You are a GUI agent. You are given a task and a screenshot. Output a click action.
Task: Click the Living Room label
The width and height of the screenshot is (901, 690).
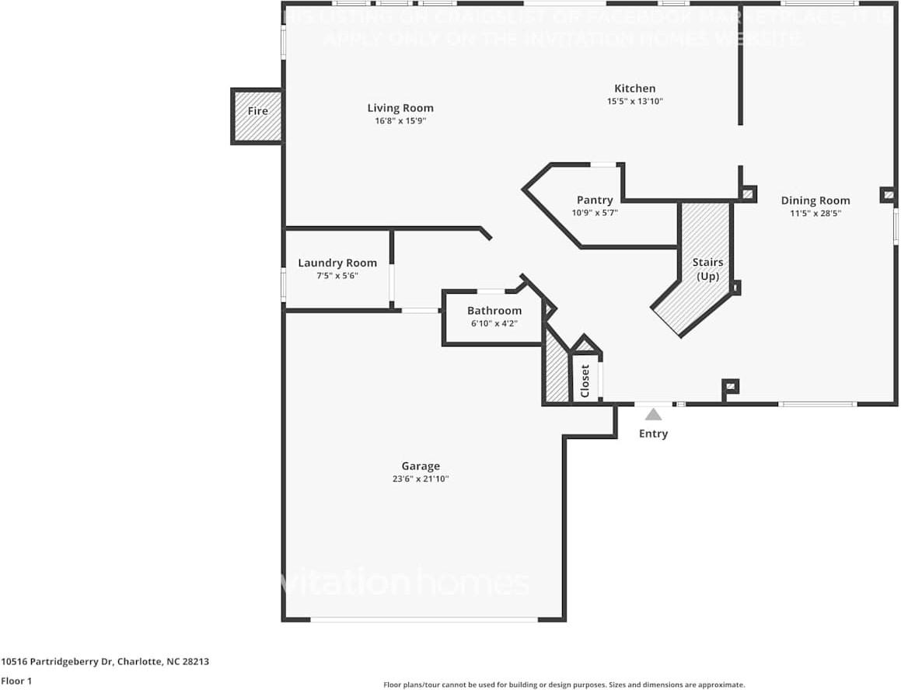[400, 108]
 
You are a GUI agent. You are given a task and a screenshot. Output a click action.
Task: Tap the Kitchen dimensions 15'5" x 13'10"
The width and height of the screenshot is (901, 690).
[634, 101]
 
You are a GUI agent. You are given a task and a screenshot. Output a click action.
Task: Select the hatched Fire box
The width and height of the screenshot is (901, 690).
[257, 117]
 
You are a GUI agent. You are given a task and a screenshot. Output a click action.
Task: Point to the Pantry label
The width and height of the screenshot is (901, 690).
[595, 200]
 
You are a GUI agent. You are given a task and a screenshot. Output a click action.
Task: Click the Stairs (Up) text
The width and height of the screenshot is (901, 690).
[707, 269]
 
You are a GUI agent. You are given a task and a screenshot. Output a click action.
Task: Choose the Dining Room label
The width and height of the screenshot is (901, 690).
[815, 200]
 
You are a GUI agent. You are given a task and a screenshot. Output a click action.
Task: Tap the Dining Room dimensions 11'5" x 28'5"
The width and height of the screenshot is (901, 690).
[815, 212]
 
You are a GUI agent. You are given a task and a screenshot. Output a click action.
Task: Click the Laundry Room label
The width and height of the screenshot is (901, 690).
[337, 263]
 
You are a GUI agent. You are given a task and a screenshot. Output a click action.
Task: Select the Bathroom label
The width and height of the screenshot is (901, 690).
[494, 310]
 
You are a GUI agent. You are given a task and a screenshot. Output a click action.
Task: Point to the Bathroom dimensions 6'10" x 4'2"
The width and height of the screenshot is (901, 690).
[494, 322]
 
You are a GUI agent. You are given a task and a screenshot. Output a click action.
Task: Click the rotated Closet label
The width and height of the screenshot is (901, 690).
[585, 381]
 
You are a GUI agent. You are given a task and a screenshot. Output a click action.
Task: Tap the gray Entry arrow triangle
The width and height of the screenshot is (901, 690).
[653, 415]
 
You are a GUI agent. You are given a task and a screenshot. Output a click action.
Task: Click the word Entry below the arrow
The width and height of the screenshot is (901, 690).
[653, 434]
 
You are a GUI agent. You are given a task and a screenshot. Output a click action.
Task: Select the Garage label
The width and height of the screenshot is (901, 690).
[421, 466]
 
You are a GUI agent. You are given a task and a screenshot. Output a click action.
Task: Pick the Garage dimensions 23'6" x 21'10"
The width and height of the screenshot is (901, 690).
[421, 479]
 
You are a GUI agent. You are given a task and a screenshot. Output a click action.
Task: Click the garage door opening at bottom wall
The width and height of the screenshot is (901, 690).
[424, 619]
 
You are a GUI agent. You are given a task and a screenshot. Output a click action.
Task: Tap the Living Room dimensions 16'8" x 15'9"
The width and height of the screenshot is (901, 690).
[400, 120]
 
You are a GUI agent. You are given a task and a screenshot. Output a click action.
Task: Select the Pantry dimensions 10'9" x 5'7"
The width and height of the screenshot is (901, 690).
[595, 212]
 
